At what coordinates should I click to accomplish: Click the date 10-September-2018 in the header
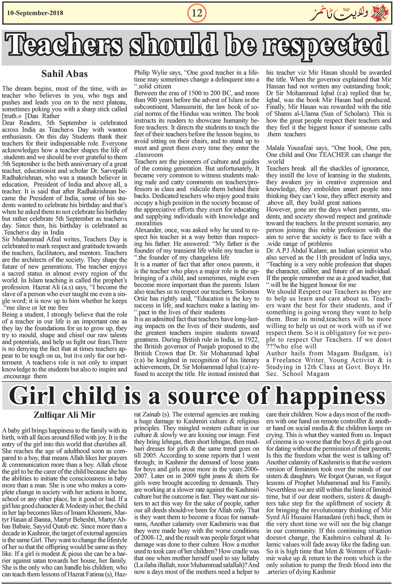[x=33, y=13]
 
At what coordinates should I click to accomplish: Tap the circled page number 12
[x=196, y=13]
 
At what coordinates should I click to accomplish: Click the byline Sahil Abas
[x=64, y=73]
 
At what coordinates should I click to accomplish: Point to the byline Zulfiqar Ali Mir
[x=64, y=415]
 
